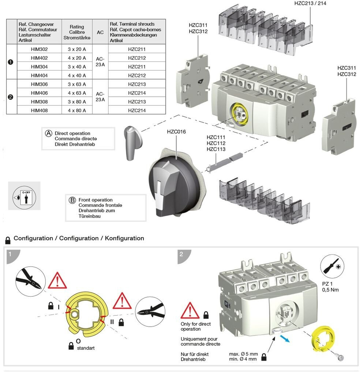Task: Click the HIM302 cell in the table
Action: (x=39, y=49)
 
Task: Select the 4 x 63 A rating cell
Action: (x=77, y=93)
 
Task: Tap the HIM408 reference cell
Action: (x=39, y=111)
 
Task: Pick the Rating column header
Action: (x=77, y=32)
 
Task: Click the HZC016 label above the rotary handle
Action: (x=176, y=132)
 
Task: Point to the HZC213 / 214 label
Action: (x=310, y=3)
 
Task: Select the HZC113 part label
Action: (x=216, y=149)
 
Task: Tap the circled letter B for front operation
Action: (x=72, y=200)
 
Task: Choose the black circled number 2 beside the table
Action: (x=11, y=97)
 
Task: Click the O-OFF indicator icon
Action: (x=25, y=196)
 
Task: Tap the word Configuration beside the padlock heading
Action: (x=33, y=238)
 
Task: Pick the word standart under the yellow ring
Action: (x=86, y=348)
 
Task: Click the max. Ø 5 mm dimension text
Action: (x=243, y=354)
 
